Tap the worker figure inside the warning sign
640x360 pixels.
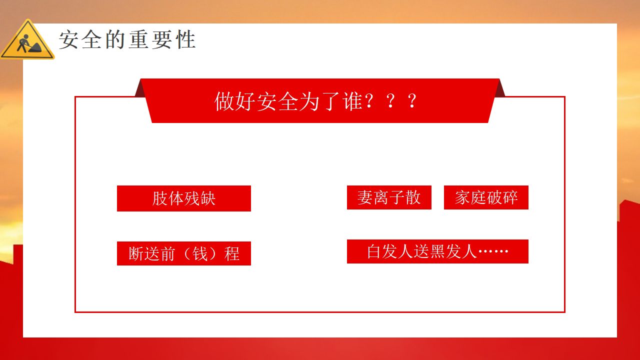pyautogui.click(x=24, y=43)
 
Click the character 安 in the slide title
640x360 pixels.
pyautogui.click(x=68, y=39)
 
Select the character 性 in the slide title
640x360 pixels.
pyautogui.click(x=186, y=39)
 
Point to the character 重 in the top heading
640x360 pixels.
pyautogui.click(x=139, y=39)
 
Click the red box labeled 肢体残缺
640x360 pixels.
pyautogui.click(x=184, y=198)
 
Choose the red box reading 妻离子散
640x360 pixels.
pyautogui.click(x=389, y=197)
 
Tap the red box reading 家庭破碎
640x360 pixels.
pyautogui.click(x=486, y=197)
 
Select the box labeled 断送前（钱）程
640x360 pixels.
pyautogui.click(x=184, y=253)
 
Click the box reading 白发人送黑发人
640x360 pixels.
pyautogui.click(x=437, y=251)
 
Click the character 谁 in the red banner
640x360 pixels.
pyautogui.click(x=353, y=101)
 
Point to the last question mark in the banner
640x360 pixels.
pyautogui.click(x=411, y=101)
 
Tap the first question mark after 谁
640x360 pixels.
pyautogui.click(x=369, y=101)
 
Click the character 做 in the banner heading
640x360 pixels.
pyautogui.click(x=224, y=101)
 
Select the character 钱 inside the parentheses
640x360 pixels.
pyautogui.click(x=199, y=253)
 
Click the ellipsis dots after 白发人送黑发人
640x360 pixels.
pyautogui.click(x=493, y=251)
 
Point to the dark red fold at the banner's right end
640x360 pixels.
pyautogui.click(x=499, y=89)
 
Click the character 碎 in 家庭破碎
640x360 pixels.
pyautogui.click(x=510, y=197)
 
